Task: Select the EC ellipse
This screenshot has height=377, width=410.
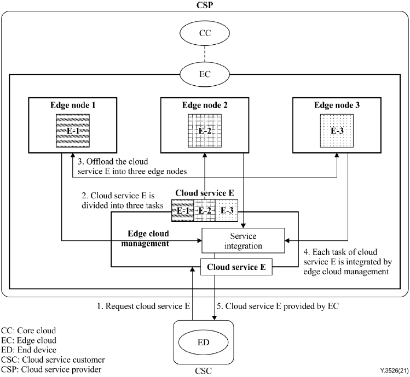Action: coord(205,73)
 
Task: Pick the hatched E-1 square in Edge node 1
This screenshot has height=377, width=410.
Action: coord(73,132)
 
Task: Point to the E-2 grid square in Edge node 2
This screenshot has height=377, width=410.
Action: coord(206,132)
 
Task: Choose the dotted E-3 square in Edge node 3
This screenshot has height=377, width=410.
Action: coord(338,132)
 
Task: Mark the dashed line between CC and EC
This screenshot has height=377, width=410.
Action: coord(205,55)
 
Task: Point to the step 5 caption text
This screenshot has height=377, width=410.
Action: coord(283,307)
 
